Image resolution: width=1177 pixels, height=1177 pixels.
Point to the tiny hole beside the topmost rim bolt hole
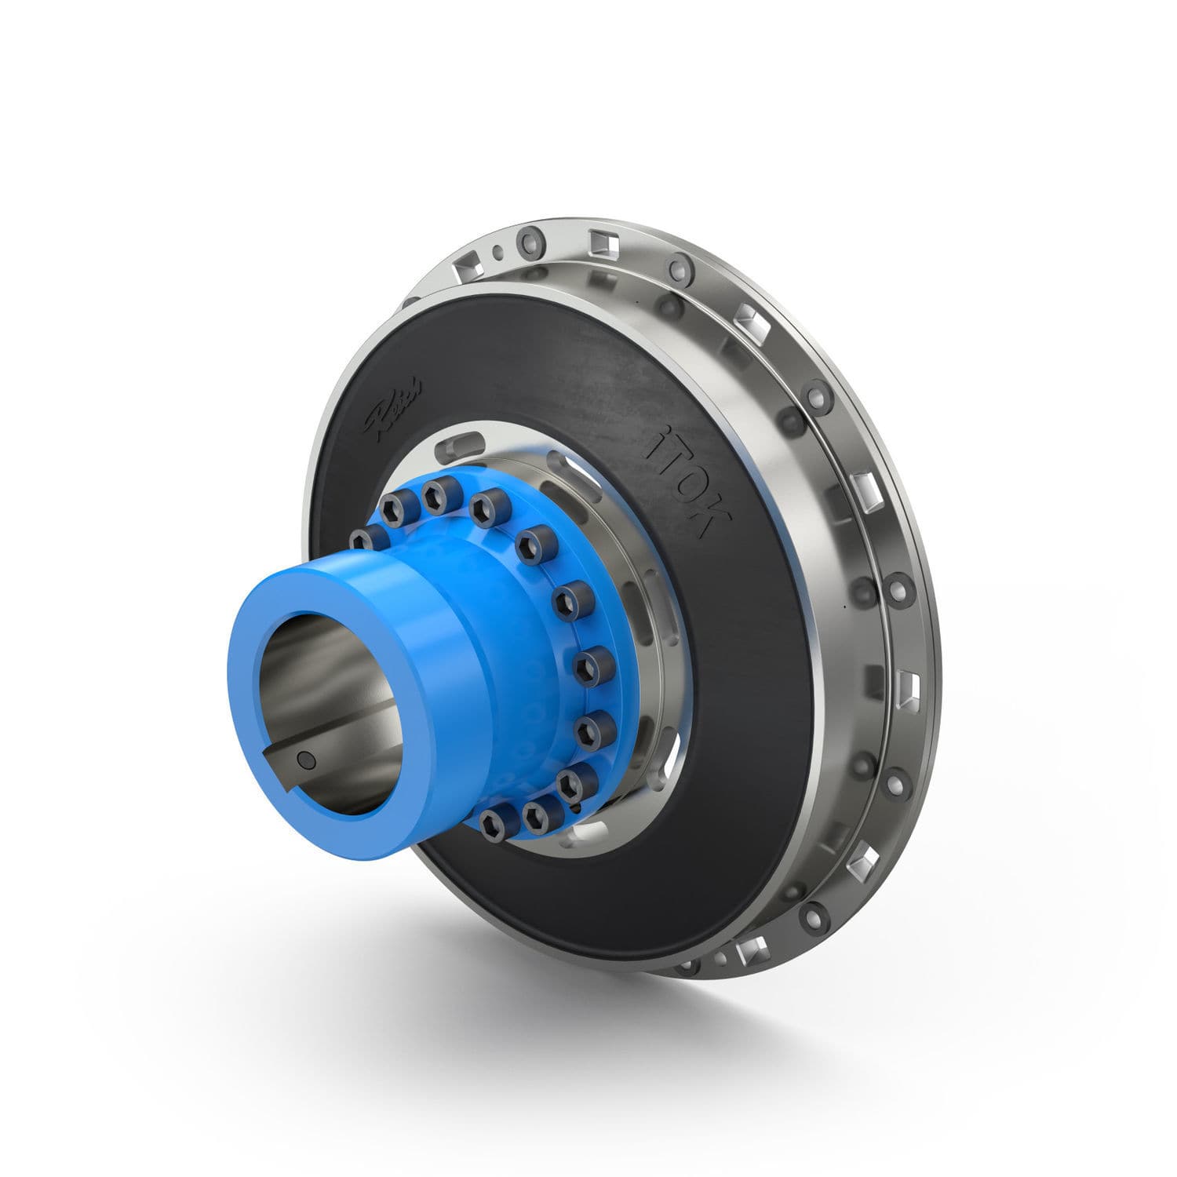click(x=497, y=251)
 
